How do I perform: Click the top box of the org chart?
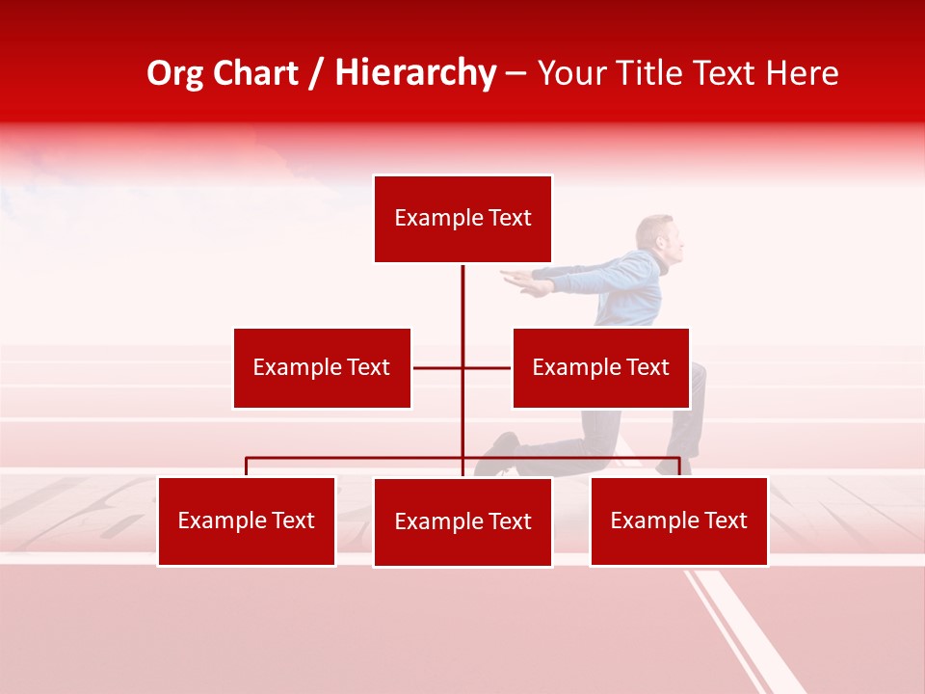pos(462,219)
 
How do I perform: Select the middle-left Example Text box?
pos(322,368)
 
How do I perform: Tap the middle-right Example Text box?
pos(600,368)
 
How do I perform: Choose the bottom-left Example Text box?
pos(247,521)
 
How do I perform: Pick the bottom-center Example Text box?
pos(462,522)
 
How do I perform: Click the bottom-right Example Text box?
pos(678,521)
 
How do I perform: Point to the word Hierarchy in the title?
pos(415,73)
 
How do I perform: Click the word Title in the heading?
pos(654,73)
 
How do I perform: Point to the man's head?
pos(660,236)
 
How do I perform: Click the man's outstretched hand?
pos(516,279)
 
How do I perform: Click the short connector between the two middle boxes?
pos(438,368)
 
